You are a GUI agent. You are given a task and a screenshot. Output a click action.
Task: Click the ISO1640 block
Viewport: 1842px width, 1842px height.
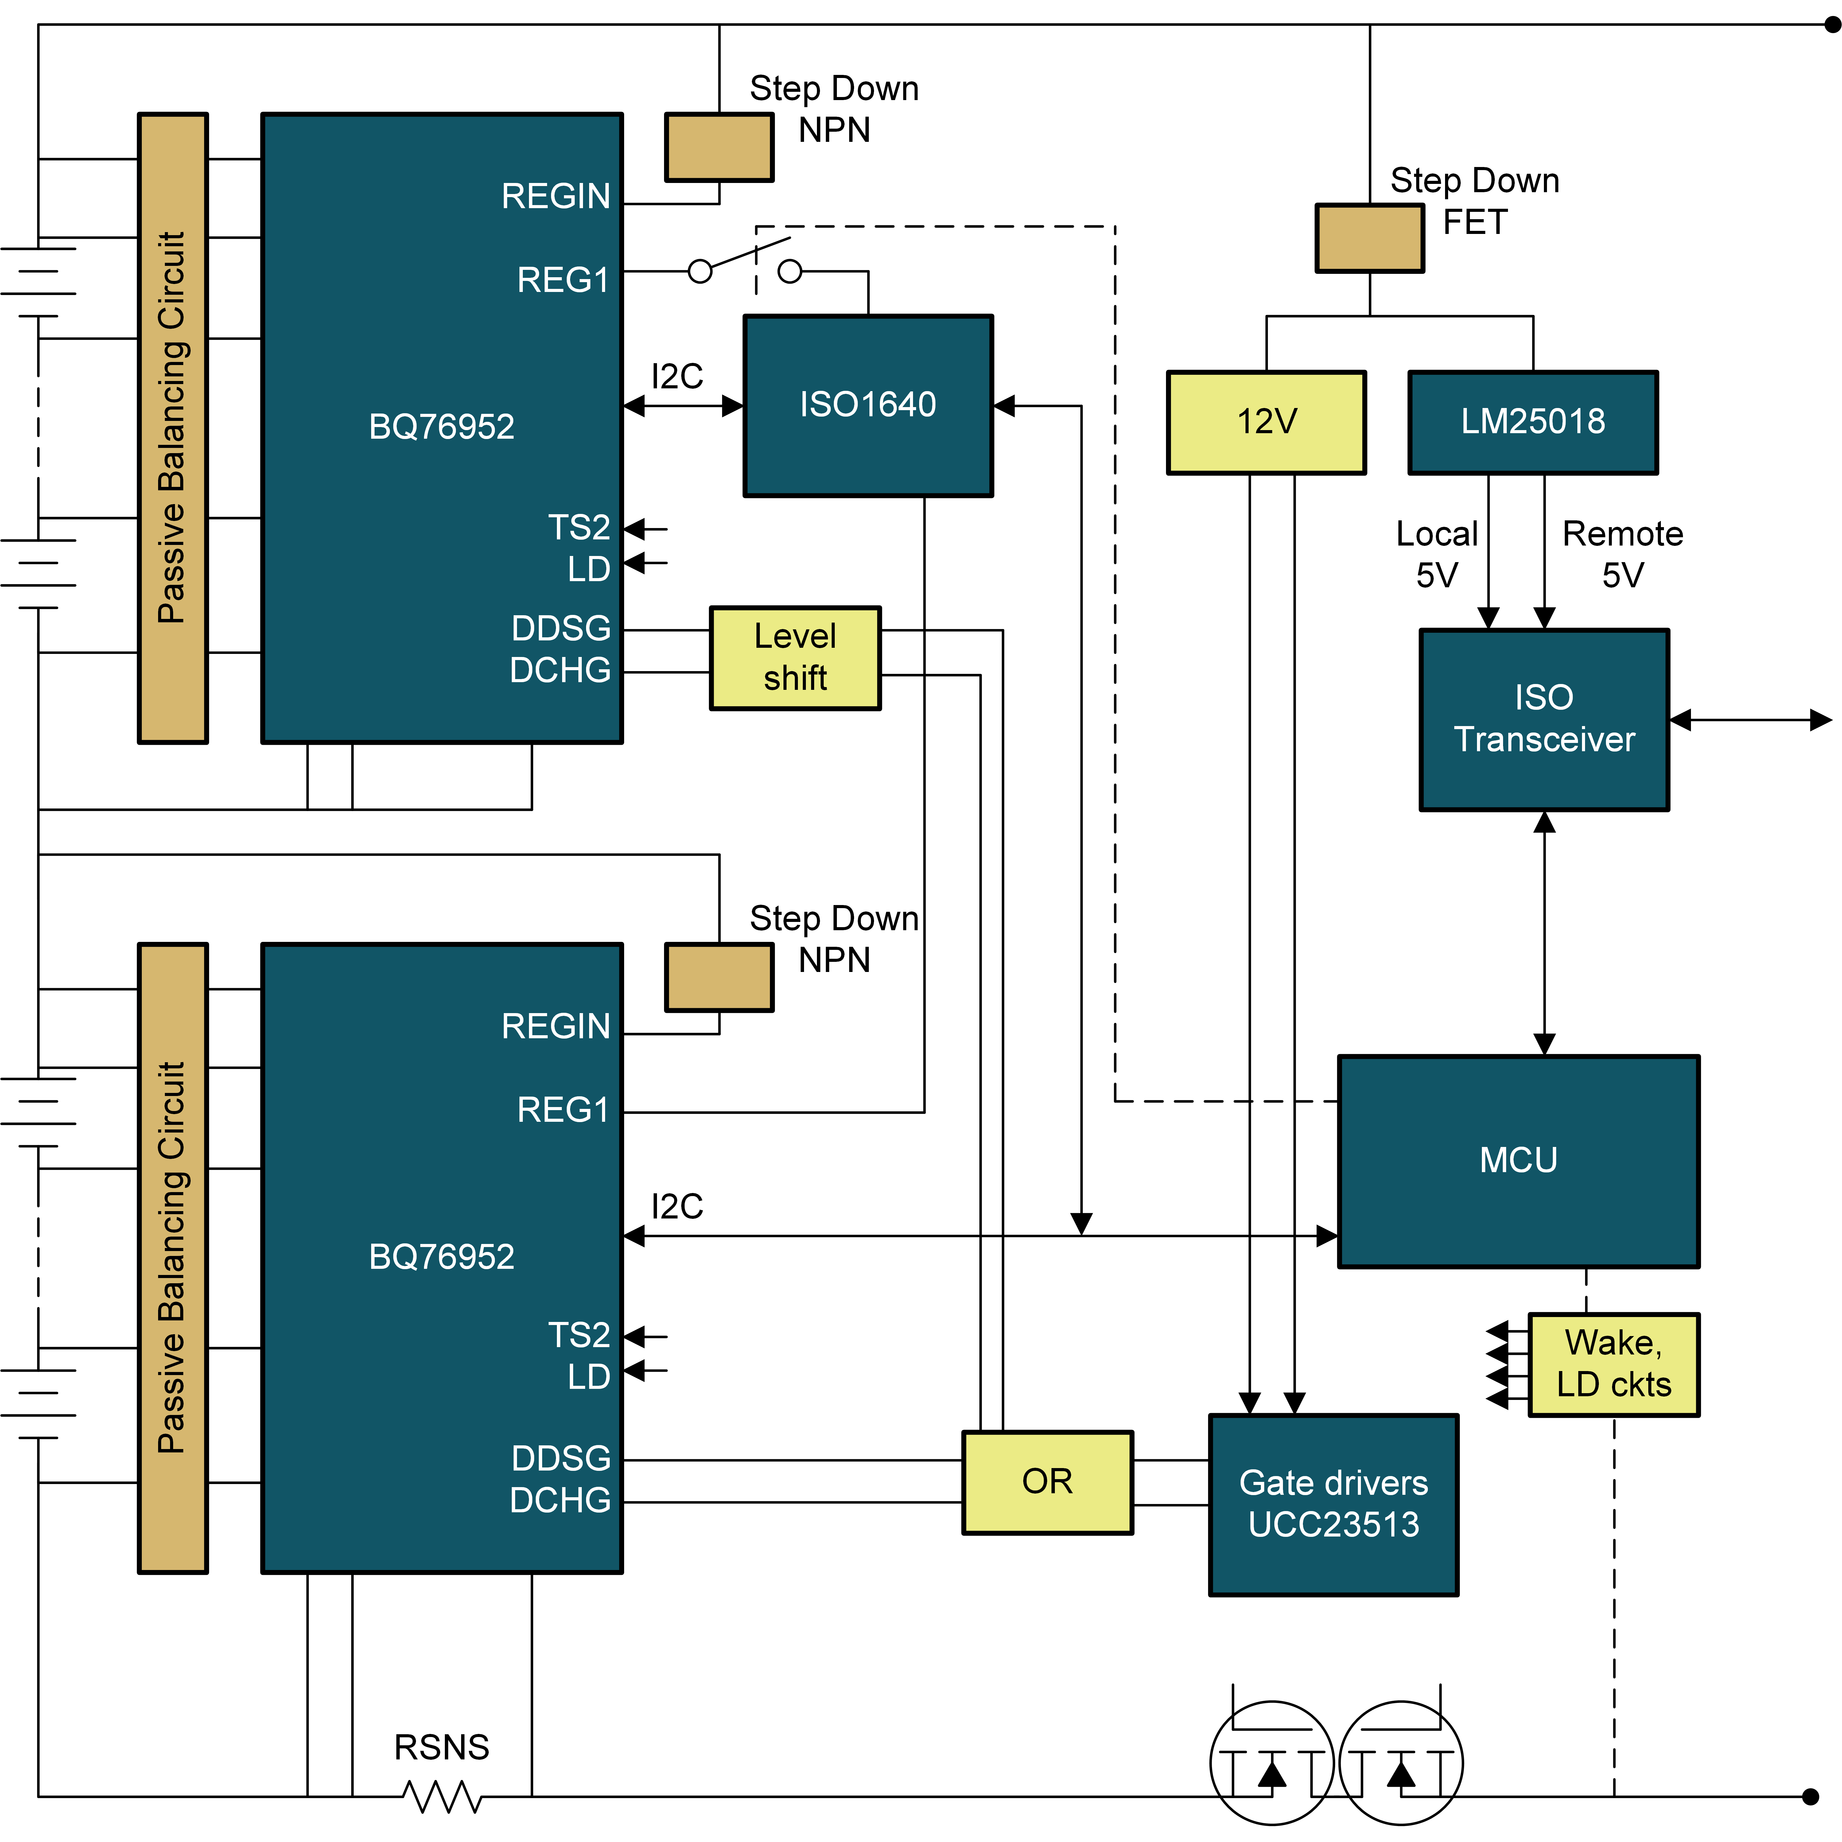(868, 405)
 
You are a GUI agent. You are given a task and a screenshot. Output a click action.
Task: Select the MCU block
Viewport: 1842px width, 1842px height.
(1518, 1160)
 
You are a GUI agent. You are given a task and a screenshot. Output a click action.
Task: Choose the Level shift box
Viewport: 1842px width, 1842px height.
(795, 658)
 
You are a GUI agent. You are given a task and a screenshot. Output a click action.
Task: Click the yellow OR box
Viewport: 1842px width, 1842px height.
(1047, 1482)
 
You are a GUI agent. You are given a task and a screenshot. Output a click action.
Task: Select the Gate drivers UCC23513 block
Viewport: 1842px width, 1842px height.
(1333, 1504)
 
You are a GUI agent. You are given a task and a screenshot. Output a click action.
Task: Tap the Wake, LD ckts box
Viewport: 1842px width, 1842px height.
(1613, 1364)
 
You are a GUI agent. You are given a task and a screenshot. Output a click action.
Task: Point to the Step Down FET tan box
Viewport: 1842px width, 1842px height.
(1369, 238)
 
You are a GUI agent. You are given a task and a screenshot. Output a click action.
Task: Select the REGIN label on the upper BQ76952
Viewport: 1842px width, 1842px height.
(556, 196)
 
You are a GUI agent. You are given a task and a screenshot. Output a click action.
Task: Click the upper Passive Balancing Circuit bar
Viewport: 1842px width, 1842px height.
(173, 428)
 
